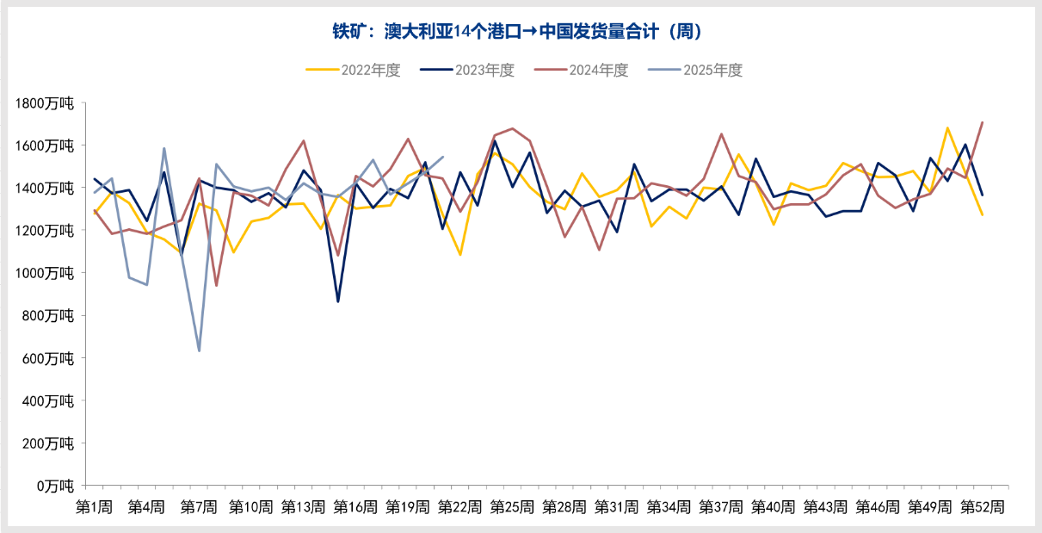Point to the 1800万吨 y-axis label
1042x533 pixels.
[46, 103]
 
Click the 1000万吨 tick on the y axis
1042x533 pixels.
[46, 273]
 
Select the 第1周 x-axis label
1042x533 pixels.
[95, 507]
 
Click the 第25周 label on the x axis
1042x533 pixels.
[512, 507]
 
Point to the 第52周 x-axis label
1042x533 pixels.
[982, 507]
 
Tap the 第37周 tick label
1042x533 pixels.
[721, 507]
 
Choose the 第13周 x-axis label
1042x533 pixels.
[303, 507]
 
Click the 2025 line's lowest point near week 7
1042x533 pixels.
[199, 350]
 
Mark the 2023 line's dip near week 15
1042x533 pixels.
[338, 301]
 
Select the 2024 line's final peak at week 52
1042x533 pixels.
[982, 122]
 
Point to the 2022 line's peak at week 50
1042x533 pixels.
[947, 128]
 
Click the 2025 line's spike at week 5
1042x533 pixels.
[164, 149]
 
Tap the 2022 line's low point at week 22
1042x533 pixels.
[460, 255]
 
